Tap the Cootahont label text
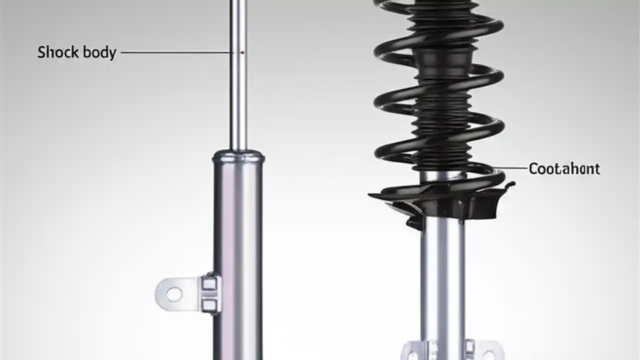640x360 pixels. [564, 169]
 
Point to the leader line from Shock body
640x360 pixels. [175, 51]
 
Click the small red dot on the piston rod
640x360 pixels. [242, 51]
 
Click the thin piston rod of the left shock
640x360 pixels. [238, 100]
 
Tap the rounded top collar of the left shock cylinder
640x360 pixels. [238, 157]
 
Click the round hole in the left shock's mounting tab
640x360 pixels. [174, 294]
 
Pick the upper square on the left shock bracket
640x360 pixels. [210, 284]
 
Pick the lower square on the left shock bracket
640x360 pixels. [210, 304]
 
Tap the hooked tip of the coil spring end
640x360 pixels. [510, 185]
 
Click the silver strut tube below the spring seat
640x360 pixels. [443, 275]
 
